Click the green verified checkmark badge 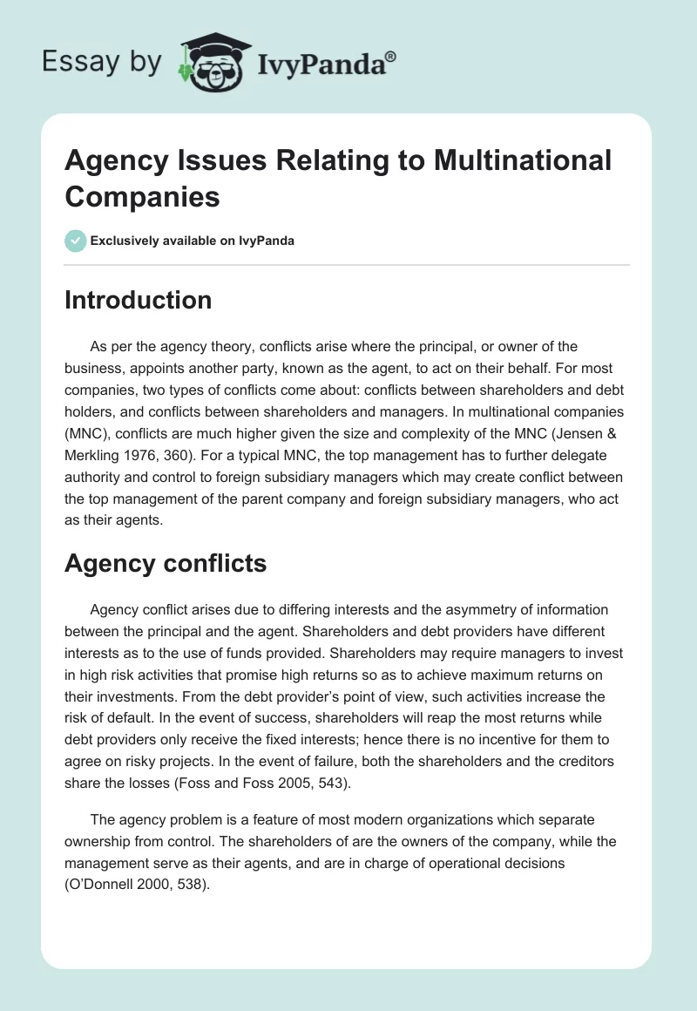click(x=75, y=241)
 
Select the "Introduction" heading click(x=138, y=300)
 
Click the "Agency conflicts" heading click(x=166, y=563)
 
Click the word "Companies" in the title click(x=142, y=196)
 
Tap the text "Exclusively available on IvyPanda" click(x=193, y=241)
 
